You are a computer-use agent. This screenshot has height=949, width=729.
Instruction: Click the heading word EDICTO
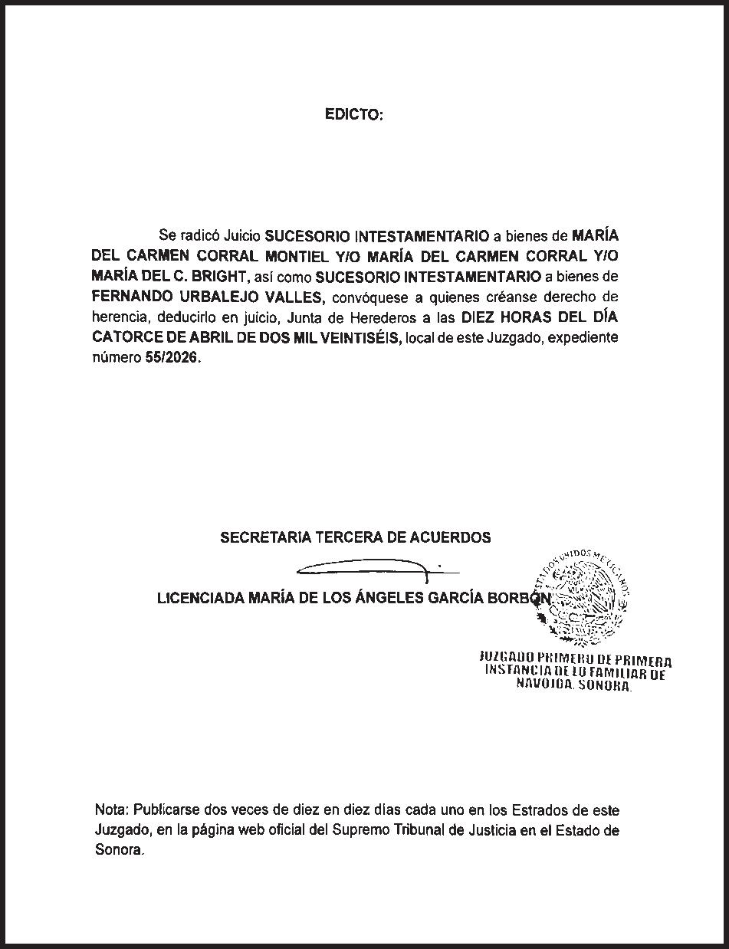pyautogui.click(x=353, y=115)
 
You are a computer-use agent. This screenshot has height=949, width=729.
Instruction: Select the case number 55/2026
pyautogui.click(x=171, y=358)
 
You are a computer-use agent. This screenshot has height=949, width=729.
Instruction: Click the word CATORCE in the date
pyautogui.click(x=122, y=338)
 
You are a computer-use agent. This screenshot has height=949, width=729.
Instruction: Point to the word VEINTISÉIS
pyautogui.click(x=362, y=338)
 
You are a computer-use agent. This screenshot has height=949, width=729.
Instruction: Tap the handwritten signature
pyautogui.click(x=368, y=568)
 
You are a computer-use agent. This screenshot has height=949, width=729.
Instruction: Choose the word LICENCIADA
pyautogui.click(x=200, y=598)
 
